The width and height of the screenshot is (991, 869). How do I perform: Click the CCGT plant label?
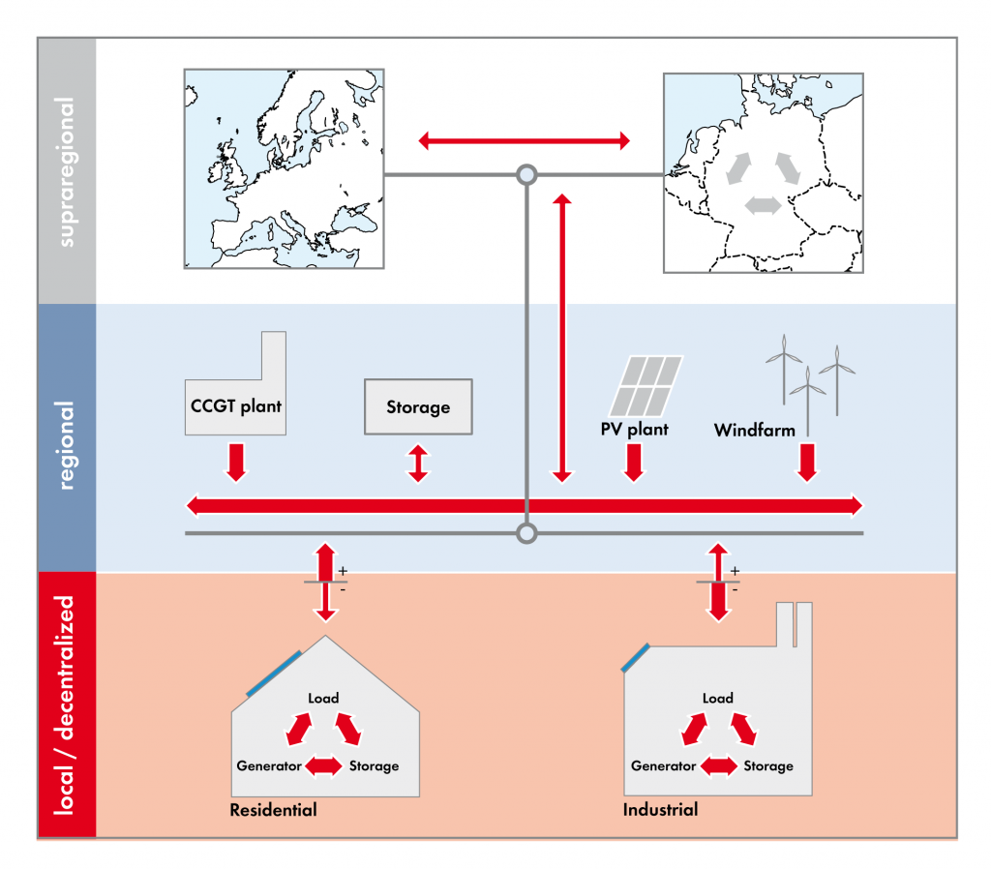235,405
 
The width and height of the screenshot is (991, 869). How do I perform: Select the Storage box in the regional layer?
418,406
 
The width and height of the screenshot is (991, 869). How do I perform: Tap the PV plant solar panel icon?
650,384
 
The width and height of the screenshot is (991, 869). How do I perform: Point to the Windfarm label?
754,429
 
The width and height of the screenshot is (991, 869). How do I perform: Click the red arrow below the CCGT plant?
236,461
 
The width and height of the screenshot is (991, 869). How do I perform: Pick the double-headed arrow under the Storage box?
418,463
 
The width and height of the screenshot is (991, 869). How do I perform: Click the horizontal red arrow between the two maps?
525,141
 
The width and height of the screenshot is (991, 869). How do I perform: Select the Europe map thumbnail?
284,168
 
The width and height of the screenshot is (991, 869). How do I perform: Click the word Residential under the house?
273,809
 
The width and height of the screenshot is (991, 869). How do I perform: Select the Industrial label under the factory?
661,809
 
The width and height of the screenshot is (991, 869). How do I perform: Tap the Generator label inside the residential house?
269,765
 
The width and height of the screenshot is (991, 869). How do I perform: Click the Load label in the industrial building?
718,698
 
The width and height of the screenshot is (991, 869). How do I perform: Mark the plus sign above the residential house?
343,572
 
